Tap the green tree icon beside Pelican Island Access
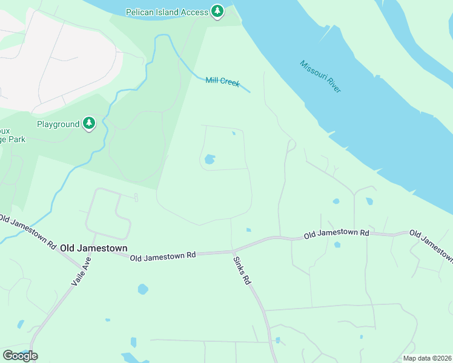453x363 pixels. click(217, 11)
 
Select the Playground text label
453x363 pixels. click(58, 124)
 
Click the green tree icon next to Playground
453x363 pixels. click(90, 124)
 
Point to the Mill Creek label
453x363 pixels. click(222, 81)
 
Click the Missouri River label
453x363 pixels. click(320, 76)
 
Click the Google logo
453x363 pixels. click(20, 355)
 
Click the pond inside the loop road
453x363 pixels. click(210, 160)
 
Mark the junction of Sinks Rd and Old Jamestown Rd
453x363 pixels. click(232, 250)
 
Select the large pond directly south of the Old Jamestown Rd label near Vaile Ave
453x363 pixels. click(142, 289)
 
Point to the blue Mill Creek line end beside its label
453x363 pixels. click(249, 91)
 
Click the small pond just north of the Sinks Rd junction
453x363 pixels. click(248, 230)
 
